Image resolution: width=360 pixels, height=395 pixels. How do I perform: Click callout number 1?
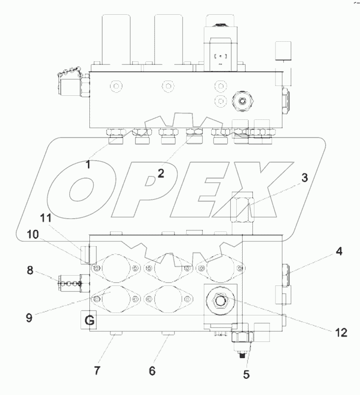point(88,165)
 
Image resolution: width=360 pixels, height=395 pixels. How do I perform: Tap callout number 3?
point(305,178)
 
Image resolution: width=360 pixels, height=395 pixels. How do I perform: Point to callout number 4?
point(339,252)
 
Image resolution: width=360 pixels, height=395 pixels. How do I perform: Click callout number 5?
point(247,374)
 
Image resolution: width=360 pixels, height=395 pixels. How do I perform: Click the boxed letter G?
point(90,321)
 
